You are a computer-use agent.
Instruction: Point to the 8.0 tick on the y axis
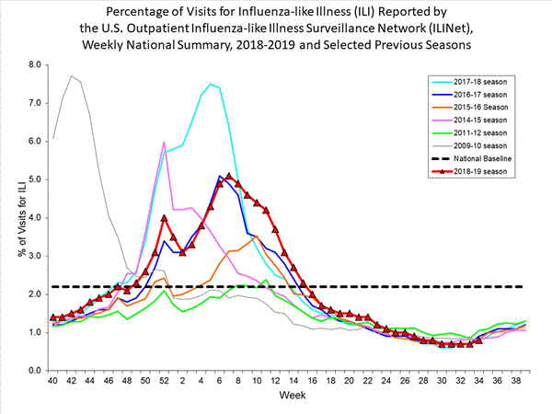point(36,65)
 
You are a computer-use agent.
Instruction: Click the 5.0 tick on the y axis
point(36,179)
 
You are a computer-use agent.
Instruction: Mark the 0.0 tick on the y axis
point(36,371)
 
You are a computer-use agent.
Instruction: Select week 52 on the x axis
point(164,380)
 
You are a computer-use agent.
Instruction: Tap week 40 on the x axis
point(53,380)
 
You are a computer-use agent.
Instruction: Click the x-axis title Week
point(289,396)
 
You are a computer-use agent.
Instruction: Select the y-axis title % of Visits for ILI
point(13,217)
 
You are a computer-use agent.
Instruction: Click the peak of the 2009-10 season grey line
point(72,76)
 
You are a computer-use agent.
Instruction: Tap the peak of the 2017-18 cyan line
point(210,84)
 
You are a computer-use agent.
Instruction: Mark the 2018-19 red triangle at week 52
point(164,218)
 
